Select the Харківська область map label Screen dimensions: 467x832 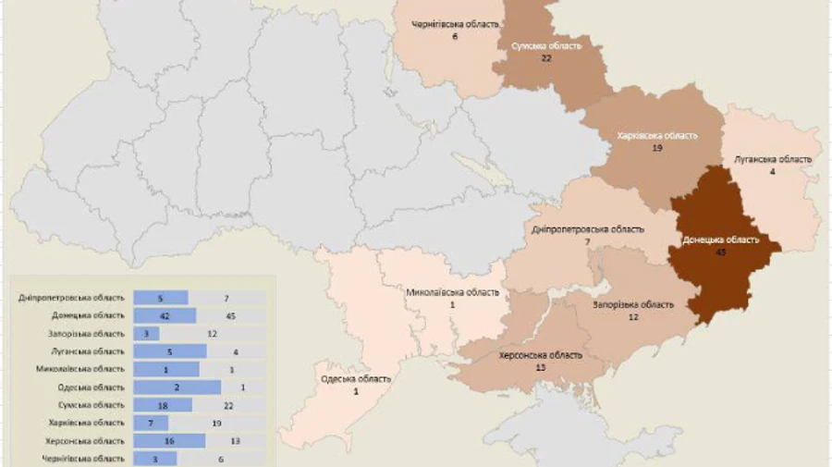[656, 135]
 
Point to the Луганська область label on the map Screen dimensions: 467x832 [773, 159]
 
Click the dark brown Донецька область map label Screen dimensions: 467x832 [720, 240]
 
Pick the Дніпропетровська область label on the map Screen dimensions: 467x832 [588, 229]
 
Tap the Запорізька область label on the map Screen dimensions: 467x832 [633, 304]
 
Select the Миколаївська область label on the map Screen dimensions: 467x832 [453, 292]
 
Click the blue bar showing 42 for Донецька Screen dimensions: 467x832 [165, 315]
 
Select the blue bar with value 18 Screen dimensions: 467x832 [163, 405]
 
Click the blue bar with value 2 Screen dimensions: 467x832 [177, 387]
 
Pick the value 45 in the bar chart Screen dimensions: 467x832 [230, 315]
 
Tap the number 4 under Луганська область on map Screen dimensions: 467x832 [773, 171]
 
